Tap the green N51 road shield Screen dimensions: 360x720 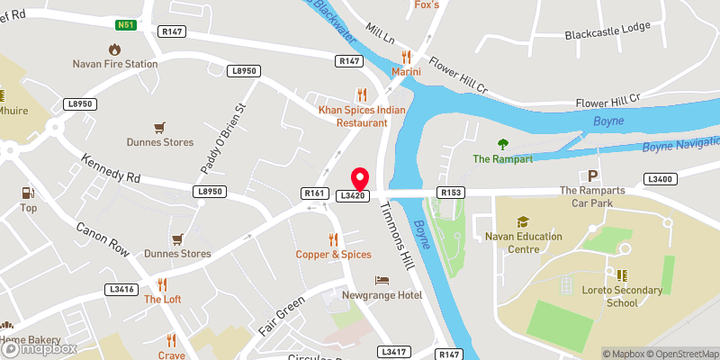[125, 24]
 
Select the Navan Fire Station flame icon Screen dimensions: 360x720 [115, 48]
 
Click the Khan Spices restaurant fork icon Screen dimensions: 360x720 [362, 94]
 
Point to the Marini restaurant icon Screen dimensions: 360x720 [407, 56]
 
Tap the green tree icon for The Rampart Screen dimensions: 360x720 [504, 143]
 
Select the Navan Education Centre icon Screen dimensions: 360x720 [522, 221]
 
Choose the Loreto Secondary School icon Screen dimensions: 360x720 [622, 274]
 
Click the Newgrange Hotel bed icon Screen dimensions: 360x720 [383, 279]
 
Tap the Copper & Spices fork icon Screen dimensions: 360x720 [333, 238]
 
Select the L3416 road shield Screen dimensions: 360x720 [121, 289]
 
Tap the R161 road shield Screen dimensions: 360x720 [314, 193]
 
